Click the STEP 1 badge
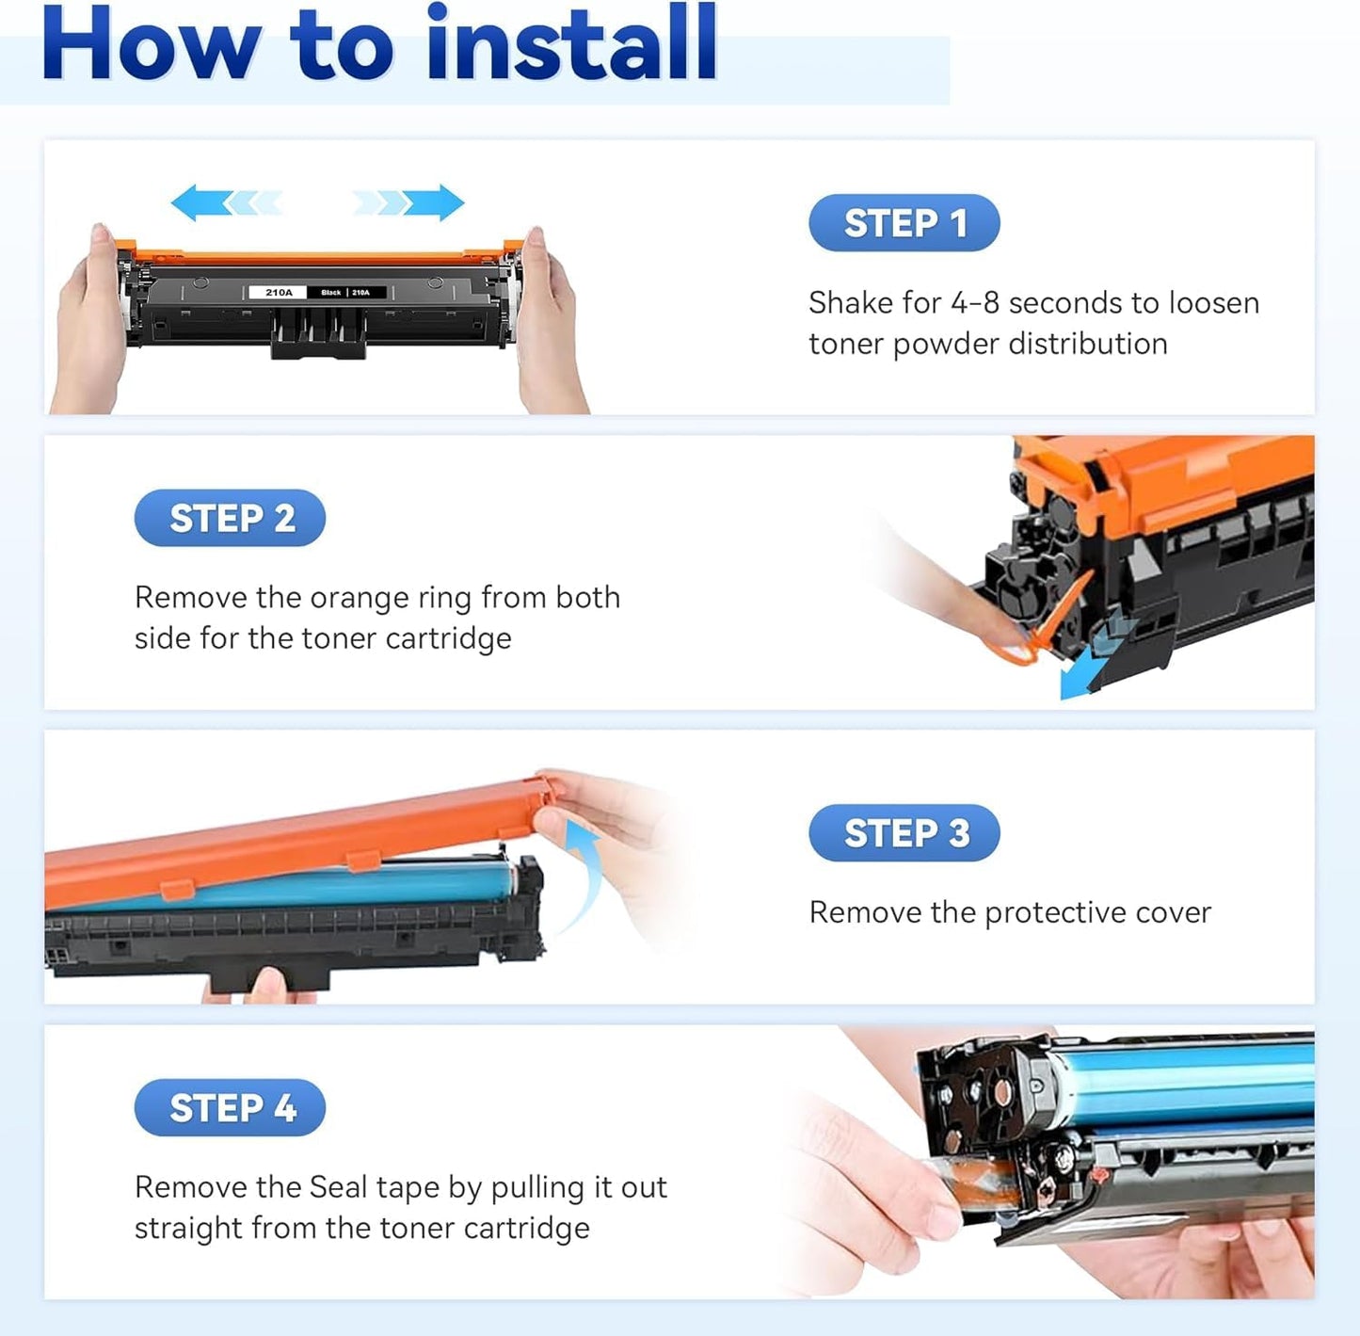click(904, 223)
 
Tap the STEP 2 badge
click(230, 518)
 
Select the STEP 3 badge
click(904, 833)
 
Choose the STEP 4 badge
click(230, 1108)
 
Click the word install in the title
click(571, 44)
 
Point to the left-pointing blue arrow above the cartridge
click(226, 202)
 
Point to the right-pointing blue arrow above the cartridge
click(409, 202)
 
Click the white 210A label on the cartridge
click(279, 293)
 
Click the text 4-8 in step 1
click(974, 303)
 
